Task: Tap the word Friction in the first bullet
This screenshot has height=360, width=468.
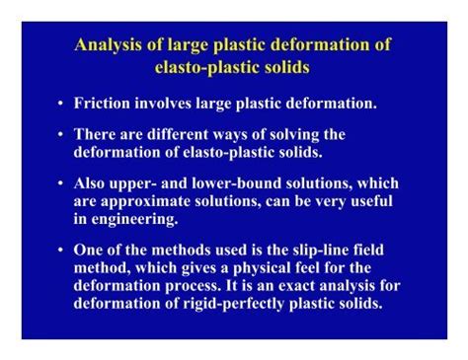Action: tap(103, 103)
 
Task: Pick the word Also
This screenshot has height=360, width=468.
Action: tap(92, 184)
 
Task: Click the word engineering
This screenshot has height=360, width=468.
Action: tap(132, 217)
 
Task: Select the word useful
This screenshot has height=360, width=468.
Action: tap(367, 200)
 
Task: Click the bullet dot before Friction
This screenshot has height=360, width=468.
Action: tap(60, 104)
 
